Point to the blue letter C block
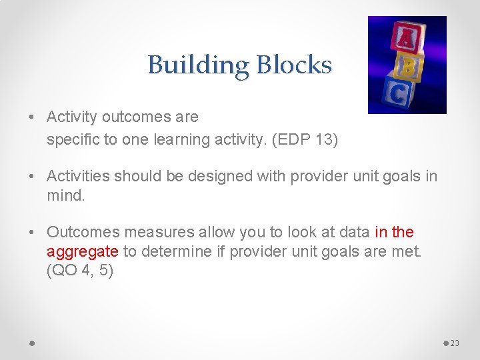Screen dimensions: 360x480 [x=398, y=94]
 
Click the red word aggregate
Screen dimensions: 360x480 [x=83, y=252]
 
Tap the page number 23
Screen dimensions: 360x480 [x=455, y=343]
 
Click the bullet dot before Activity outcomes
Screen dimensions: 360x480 [x=33, y=117]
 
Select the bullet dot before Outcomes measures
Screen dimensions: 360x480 [x=33, y=233]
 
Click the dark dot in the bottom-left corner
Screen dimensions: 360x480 [x=32, y=343]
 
